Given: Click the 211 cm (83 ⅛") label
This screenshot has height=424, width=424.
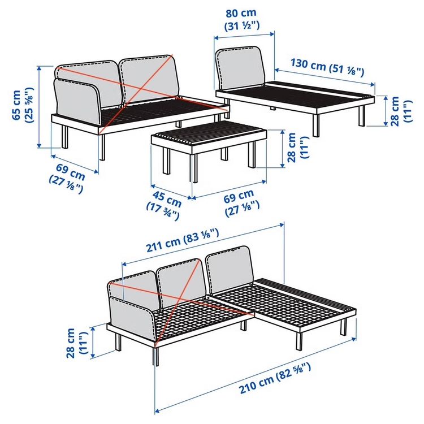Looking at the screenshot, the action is (x=182, y=240).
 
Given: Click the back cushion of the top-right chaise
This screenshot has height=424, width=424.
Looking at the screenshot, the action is (x=240, y=68).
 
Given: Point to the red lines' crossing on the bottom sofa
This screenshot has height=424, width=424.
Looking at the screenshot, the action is (x=180, y=298).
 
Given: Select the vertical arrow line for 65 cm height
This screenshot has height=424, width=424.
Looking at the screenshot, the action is (x=39, y=107).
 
